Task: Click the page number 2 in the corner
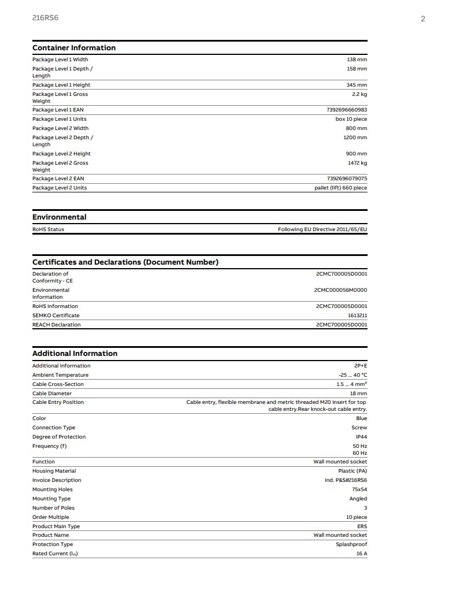point(422,18)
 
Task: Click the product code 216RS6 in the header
point(45,18)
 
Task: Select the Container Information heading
point(74,48)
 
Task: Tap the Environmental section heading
point(60,217)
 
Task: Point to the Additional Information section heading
point(75,354)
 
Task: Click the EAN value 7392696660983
point(347,110)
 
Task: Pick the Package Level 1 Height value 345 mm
point(357,85)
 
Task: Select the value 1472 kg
point(357,163)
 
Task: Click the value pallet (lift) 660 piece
point(336,188)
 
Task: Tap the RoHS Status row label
point(49,229)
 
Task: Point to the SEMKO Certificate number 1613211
point(357,315)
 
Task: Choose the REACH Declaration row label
point(57,325)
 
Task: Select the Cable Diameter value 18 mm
point(358,393)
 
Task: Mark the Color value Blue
point(361,418)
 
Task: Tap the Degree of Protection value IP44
point(361,437)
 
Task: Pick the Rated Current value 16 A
point(361,554)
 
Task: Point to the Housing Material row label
point(54,471)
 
